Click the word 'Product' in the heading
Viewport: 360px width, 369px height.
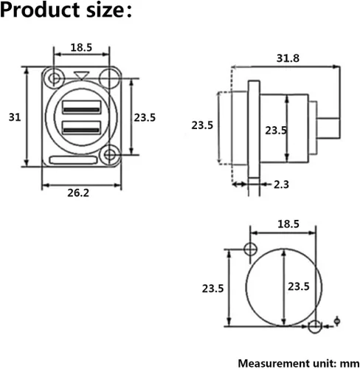click(x=40, y=10)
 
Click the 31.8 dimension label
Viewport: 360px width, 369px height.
click(x=288, y=58)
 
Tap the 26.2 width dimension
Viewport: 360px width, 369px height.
click(x=78, y=193)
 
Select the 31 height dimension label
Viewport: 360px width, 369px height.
click(x=15, y=117)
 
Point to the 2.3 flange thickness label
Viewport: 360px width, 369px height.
click(x=281, y=184)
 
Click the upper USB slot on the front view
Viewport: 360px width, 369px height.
click(x=82, y=107)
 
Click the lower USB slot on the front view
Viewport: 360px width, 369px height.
click(x=82, y=128)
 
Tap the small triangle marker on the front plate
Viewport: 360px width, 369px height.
click(x=82, y=75)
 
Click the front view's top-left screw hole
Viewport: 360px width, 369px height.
click(x=54, y=78)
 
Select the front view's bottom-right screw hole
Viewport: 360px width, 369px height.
click(x=110, y=155)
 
